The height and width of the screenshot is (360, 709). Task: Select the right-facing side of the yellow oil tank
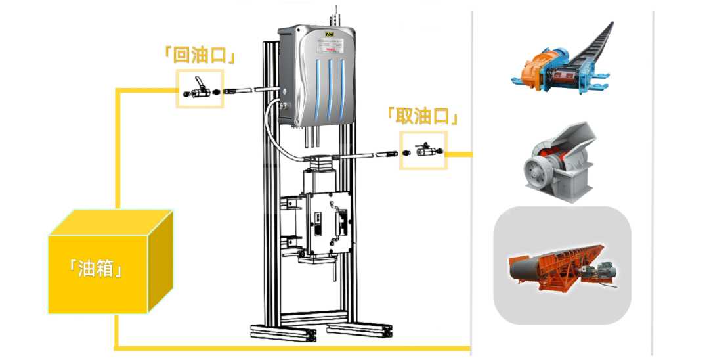(161, 259)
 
